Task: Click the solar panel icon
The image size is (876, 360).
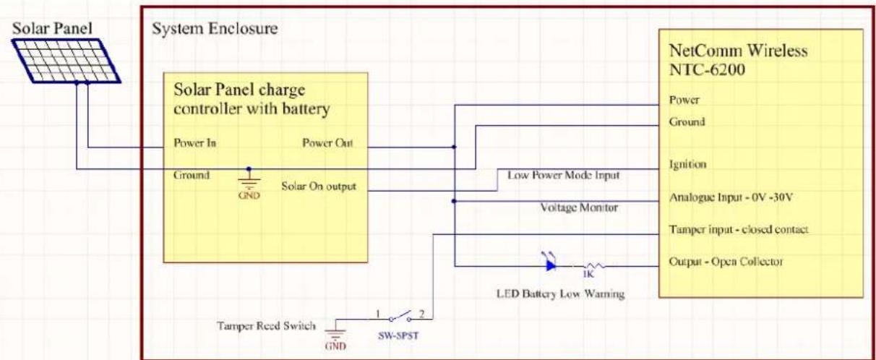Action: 66,61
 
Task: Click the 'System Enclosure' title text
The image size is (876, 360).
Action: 215,29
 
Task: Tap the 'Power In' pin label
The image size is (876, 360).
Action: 194,143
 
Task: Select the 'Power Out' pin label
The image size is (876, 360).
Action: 327,143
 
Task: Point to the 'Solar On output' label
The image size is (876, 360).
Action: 319,187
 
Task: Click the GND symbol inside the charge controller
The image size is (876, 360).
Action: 249,184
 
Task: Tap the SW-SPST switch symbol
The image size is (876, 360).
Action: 400,317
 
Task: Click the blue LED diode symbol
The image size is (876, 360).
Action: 550,262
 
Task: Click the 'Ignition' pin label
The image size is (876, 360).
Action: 687,164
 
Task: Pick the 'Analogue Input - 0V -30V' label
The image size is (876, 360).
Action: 731,197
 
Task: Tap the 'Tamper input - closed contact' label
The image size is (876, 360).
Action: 739,229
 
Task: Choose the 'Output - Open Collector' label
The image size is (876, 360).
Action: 726,262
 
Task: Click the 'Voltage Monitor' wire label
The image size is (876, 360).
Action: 579,207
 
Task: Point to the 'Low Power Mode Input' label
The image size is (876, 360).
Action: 564,175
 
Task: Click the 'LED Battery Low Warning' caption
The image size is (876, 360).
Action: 560,293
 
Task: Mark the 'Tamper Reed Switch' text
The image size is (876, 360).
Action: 266,326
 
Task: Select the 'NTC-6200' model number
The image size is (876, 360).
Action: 707,69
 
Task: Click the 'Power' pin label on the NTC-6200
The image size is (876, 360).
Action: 684,100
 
